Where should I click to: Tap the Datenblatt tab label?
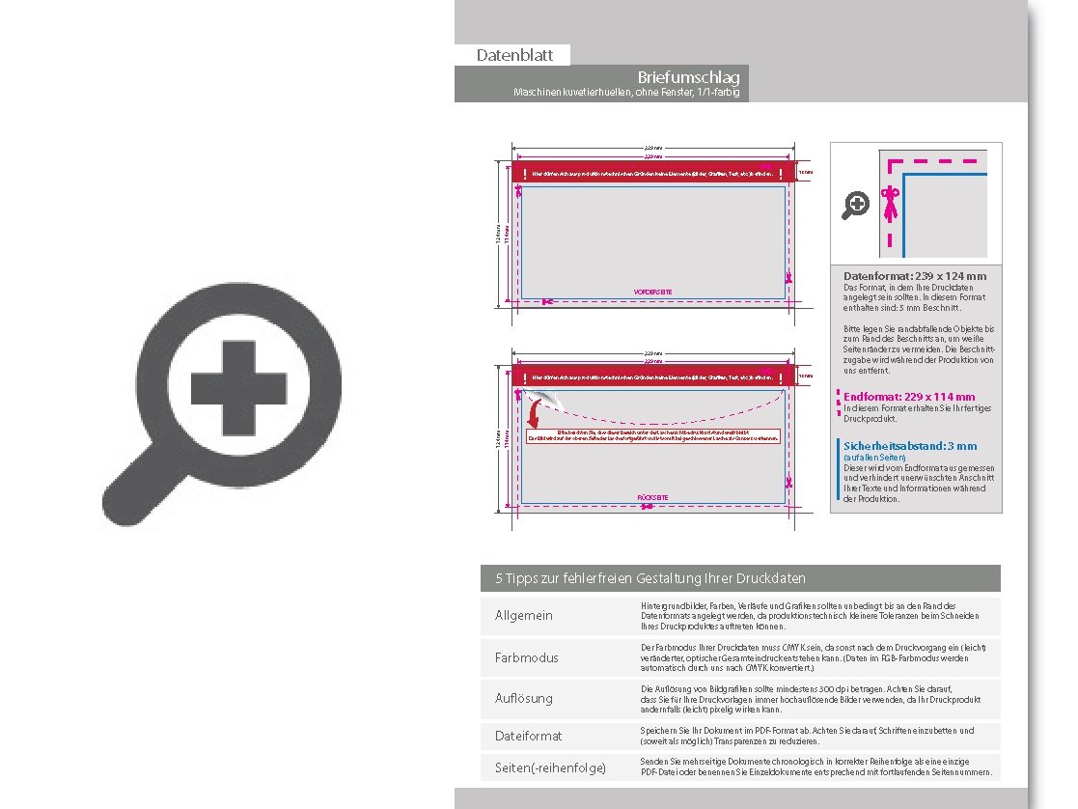512,56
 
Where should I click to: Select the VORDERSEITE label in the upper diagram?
652,292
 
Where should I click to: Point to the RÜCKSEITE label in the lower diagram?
653,497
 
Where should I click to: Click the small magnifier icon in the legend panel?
856,205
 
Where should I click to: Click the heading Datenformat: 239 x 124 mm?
914,276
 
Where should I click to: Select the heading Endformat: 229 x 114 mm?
908,397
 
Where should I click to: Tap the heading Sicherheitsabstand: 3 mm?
909,446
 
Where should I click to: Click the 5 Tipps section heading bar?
740,578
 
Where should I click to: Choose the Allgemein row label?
524,616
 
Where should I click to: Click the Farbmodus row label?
526,657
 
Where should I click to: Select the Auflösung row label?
525,697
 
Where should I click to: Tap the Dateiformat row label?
528,736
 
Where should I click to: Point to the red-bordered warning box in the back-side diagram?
652,435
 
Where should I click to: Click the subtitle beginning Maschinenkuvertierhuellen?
628,93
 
